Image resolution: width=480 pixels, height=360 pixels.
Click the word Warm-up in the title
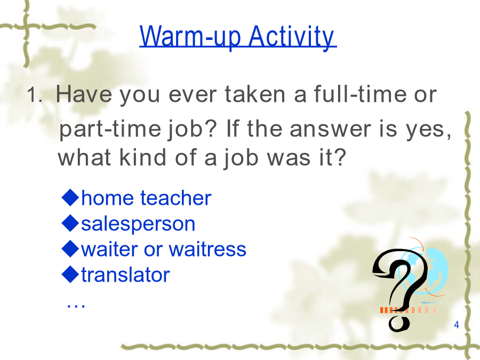tap(190, 37)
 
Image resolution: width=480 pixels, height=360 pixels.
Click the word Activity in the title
tap(292, 37)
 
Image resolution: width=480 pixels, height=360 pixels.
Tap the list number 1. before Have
tap(34, 94)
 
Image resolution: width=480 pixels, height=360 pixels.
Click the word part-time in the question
tap(110, 129)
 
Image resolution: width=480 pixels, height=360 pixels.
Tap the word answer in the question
tap(330, 129)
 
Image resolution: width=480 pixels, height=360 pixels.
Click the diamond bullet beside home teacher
tap(70, 197)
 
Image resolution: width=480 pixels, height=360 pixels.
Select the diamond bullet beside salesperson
tap(70, 223)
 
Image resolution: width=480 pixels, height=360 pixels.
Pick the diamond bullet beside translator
tap(70, 274)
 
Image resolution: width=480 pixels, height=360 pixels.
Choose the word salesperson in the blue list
tap(138, 225)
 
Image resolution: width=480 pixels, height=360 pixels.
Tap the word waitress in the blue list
tap(207, 249)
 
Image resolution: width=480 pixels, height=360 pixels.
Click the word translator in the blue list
tap(125, 274)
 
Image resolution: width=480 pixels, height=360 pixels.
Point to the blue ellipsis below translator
tap(76, 306)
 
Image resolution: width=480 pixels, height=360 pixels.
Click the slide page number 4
tap(457, 325)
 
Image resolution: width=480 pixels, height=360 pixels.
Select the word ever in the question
tap(193, 94)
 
